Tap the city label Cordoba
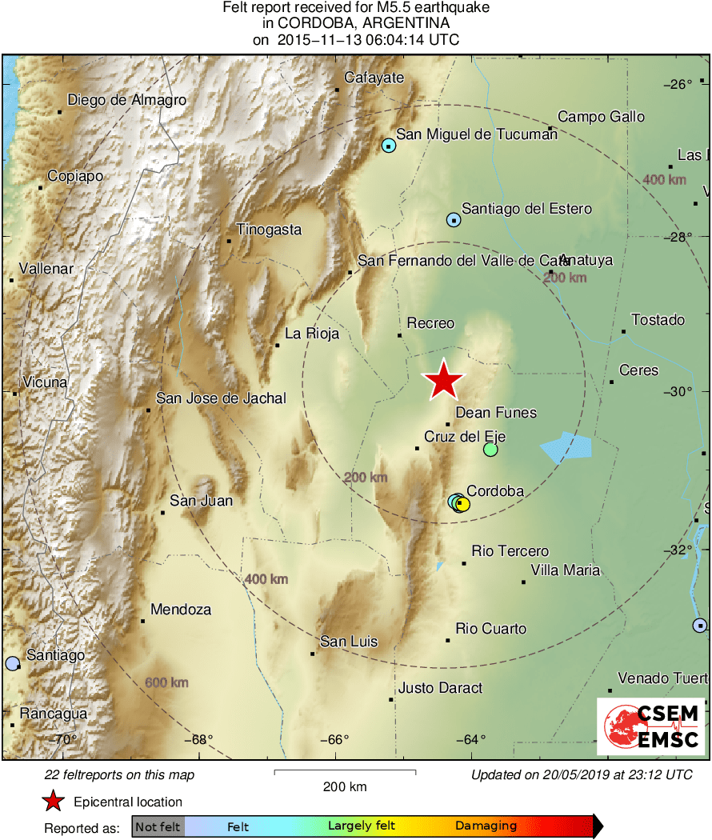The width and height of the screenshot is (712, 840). click(x=494, y=491)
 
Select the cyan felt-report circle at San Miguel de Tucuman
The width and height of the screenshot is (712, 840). click(x=389, y=146)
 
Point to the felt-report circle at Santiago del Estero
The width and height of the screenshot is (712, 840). click(x=454, y=219)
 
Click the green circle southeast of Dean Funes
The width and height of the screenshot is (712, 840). click(x=490, y=450)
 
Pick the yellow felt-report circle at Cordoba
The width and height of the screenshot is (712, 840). click(x=462, y=504)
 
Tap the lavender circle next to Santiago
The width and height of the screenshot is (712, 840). click(x=12, y=663)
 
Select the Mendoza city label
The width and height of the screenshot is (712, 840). click(x=181, y=610)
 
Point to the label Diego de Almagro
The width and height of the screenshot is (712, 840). click(x=126, y=100)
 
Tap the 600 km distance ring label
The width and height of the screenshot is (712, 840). click(x=166, y=682)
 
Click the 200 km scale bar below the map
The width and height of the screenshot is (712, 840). click(x=345, y=772)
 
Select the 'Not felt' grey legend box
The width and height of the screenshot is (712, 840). click(x=158, y=826)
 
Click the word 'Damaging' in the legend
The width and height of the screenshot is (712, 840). click(x=486, y=826)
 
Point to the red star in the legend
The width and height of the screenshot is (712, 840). click(x=53, y=801)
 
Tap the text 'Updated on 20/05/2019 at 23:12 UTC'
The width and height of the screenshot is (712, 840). click(x=581, y=774)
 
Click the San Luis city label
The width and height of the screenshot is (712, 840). click(x=349, y=642)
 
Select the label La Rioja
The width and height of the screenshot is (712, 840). click(x=312, y=334)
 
